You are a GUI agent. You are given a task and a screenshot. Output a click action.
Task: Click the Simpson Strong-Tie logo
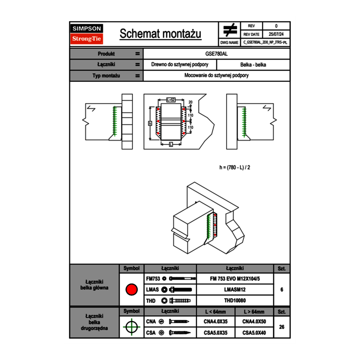(x=87, y=34)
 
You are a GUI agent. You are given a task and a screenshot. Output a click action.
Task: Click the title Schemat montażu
(x=160, y=34)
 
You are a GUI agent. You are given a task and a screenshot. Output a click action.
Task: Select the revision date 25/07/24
(x=276, y=34)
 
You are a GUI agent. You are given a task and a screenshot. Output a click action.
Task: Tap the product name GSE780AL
(x=216, y=54)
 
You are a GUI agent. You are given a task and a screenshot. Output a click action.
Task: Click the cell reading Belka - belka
(x=253, y=65)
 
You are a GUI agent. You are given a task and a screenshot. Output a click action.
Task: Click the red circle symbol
(x=131, y=290)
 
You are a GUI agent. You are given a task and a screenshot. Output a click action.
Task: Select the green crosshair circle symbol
(x=131, y=327)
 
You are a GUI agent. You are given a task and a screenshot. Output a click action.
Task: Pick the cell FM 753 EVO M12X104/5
(x=234, y=279)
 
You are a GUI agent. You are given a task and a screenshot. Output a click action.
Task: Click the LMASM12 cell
(x=234, y=290)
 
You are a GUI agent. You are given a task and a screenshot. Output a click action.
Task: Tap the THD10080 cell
(x=234, y=301)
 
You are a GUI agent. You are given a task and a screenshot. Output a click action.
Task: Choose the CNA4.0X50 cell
(x=254, y=322)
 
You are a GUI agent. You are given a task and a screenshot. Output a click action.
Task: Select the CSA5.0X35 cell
(x=216, y=333)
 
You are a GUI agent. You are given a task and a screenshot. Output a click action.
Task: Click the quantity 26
(x=281, y=327)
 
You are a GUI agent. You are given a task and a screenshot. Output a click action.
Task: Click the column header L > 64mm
(x=254, y=312)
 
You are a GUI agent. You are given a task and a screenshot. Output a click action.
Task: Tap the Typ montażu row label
(x=106, y=76)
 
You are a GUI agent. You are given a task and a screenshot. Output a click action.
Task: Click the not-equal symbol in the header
(x=229, y=30)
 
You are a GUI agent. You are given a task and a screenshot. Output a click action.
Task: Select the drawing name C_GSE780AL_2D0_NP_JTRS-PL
(x=265, y=42)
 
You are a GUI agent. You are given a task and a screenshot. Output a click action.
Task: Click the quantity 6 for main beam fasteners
(x=281, y=290)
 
